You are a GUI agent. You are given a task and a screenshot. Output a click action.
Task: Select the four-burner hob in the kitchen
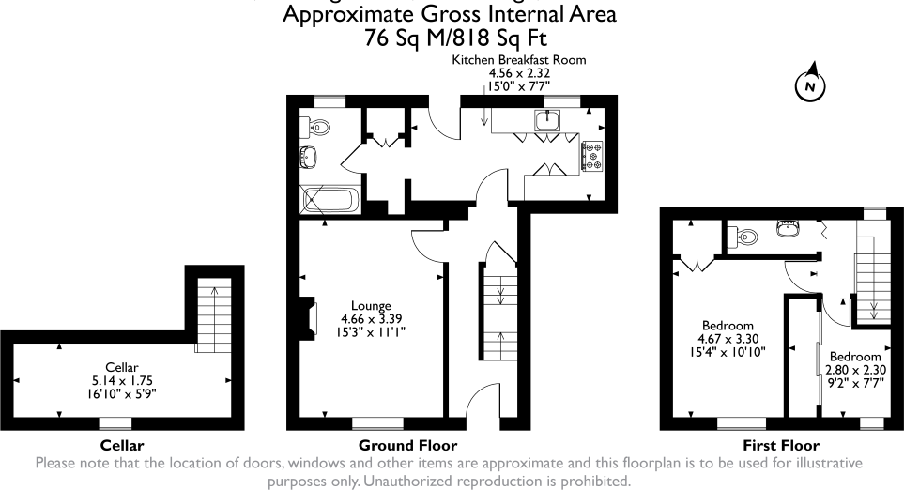pyautogui.click(x=592, y=156)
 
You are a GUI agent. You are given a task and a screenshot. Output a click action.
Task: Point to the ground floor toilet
pyautogui.click(x=316, y=126)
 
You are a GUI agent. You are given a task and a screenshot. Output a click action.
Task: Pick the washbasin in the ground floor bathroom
pyautogui.click(x=309, y=156)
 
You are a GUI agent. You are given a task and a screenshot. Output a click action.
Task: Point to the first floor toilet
pyautogui.click(x=748, y=236)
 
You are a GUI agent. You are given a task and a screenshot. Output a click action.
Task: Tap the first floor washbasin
pyautogui.click(x=788, y=228)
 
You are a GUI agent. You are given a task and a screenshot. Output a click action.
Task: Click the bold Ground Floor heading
pyautogui.click(x=407, y=445)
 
